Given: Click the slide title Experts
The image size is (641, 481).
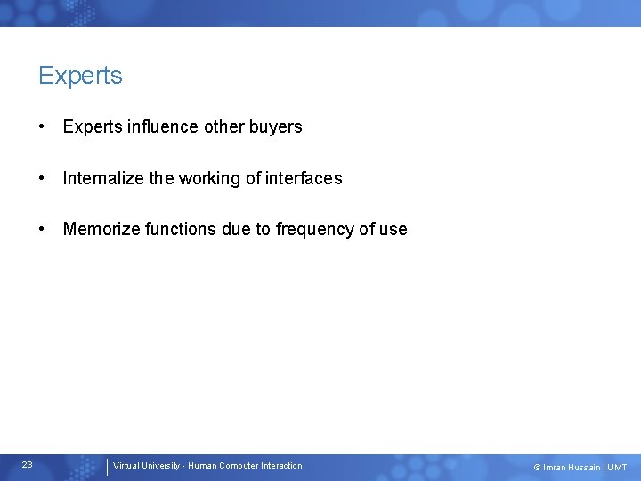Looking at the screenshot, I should (80, 76).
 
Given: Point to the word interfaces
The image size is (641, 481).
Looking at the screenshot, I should (304, 178).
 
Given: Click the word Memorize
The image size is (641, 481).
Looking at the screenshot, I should (100, 229).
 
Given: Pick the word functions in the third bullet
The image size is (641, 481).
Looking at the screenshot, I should (178, 229).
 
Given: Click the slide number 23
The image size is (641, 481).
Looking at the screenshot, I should (28, 465).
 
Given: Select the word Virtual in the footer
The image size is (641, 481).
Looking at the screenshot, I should (126, 466).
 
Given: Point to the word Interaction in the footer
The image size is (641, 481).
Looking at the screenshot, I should (282, 466).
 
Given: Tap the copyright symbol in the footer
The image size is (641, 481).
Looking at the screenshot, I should (537, 468).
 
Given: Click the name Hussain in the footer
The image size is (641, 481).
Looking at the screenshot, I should (585, 468).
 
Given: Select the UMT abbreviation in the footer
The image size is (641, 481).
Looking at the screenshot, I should (618, 468).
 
